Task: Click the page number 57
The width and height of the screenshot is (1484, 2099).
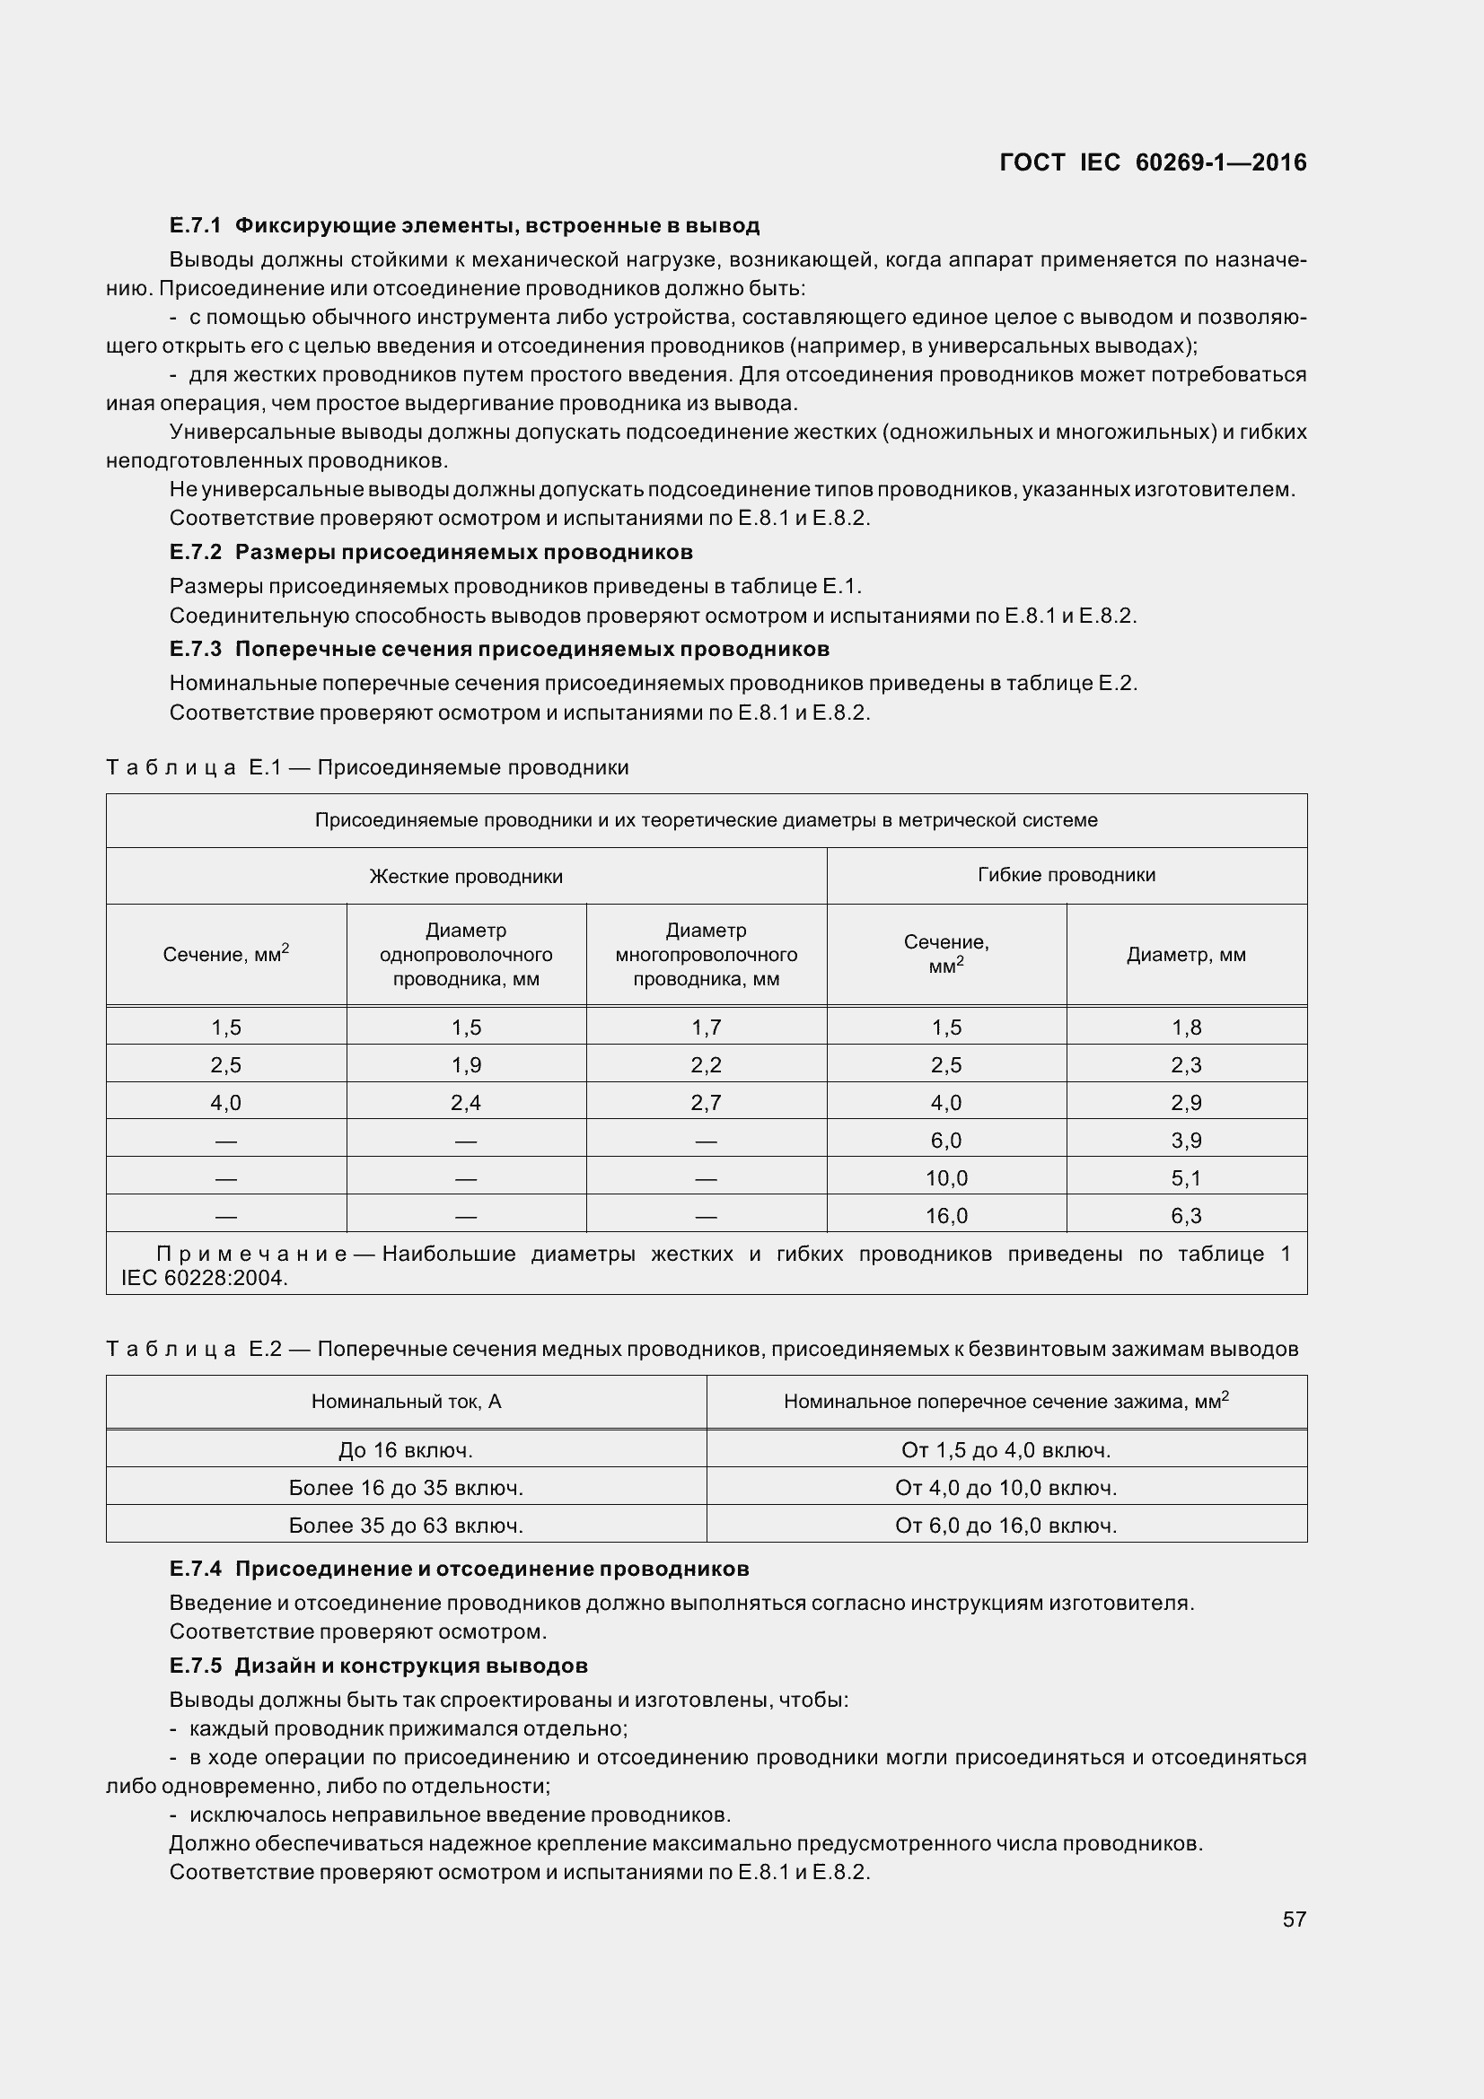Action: pos(1294,1918)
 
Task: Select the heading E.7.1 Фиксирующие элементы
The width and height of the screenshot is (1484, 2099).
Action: pos(464,225)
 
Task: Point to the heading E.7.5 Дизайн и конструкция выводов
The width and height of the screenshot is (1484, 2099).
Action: pos(378,1665)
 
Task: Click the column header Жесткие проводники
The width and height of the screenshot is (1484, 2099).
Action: pos(465,876)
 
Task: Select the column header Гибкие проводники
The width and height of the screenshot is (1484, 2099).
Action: pos(1067,874)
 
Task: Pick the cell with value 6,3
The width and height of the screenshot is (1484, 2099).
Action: pos(1186,1215)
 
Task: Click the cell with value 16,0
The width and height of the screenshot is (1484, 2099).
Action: pos(945,1215)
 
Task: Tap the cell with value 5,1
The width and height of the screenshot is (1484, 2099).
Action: pos(1186,1177)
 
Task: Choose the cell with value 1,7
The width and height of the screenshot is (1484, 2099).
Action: pos(706,1027)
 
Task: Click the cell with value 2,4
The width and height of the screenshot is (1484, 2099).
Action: pos(465,1103)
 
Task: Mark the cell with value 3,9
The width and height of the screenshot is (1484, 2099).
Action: pos(1186,1140)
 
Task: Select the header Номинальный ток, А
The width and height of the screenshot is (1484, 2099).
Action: pos(406,1401)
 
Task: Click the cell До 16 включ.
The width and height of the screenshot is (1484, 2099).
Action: pos(406,1449)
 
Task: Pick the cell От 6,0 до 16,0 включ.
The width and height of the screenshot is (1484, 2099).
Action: pos(1005,1525)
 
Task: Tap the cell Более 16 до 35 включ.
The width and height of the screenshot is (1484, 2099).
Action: pos(406,1487)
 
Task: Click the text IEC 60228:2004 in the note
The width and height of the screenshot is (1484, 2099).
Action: pos(204,1278)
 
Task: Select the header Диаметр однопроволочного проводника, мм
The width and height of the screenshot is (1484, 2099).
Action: pos(465,955)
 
